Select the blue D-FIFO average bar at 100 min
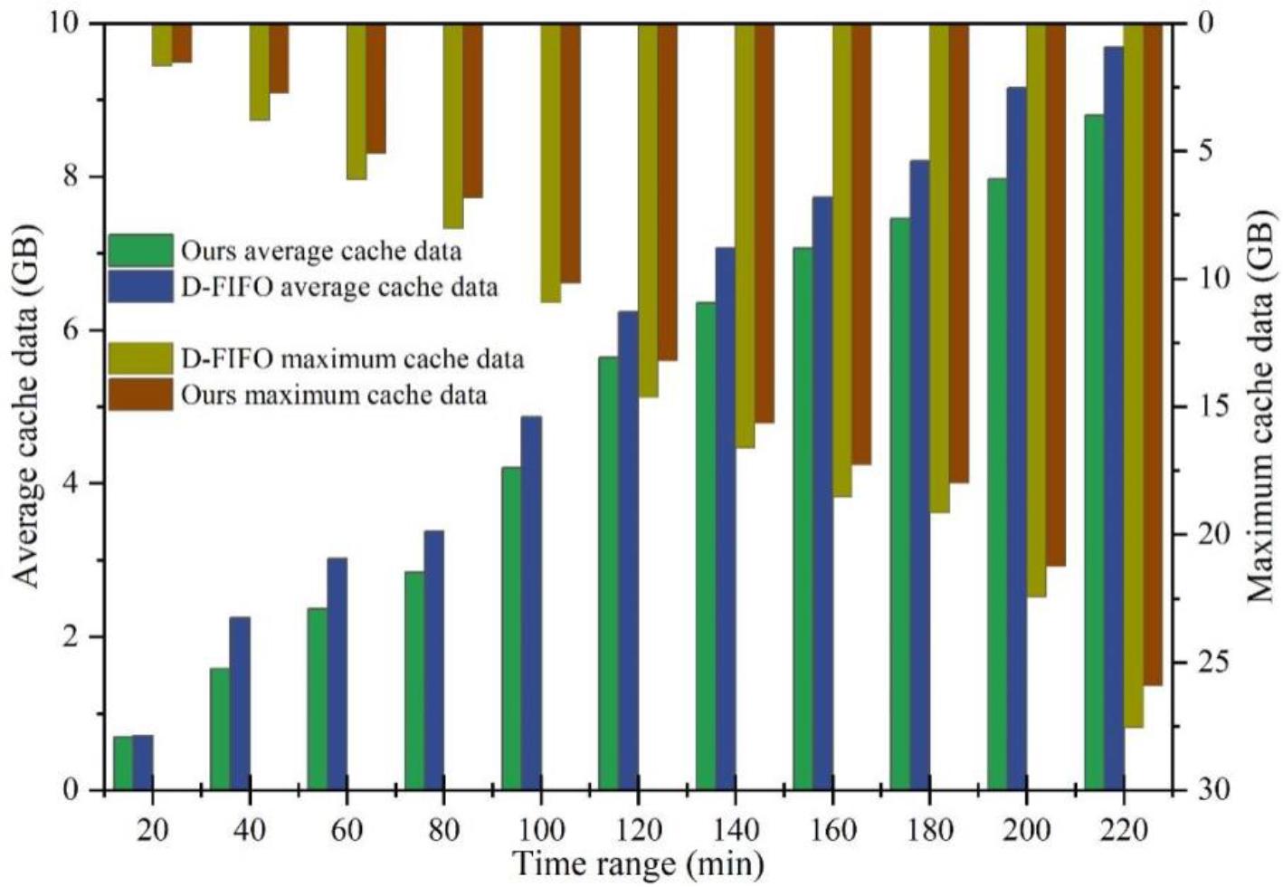[531, 603]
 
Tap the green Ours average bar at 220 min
[1094, 453]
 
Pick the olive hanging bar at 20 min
[162, 44]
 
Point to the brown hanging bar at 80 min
[472, 110]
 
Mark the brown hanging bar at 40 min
[279, 58]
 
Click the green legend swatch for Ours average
[140, 250]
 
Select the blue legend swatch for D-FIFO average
[140, 286]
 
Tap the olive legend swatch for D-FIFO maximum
[140, 358]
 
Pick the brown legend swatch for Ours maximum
[140, 395]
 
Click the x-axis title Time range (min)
[638, 864]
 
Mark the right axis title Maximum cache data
[1261, 405]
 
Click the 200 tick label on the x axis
[1026, 829]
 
